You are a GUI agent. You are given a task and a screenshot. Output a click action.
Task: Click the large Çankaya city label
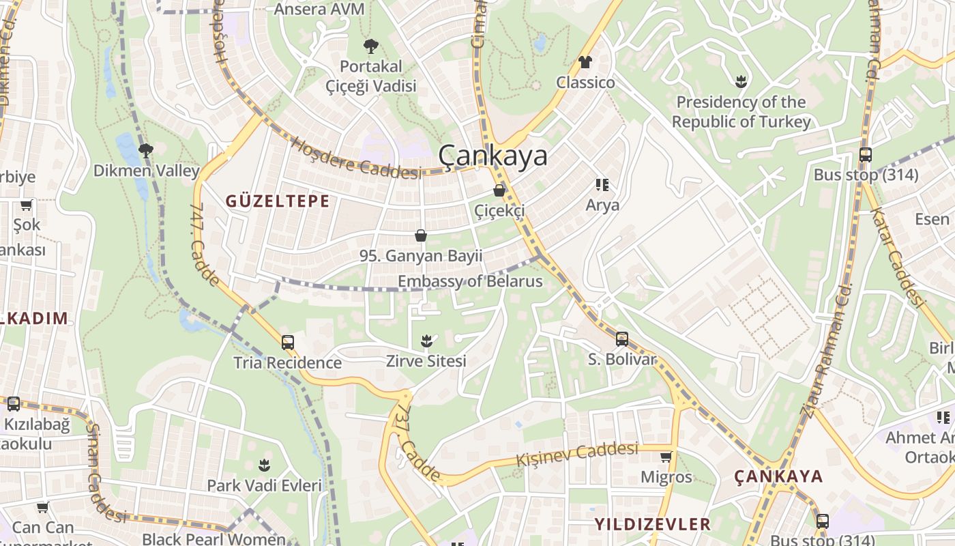[493, 156]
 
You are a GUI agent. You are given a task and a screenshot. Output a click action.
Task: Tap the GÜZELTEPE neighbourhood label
[278, 201]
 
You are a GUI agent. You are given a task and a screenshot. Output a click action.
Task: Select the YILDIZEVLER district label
[652, 524]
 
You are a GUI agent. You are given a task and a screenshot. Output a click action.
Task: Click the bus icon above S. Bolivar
[621, 339]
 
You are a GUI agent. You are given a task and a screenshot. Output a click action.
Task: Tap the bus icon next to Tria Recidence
[288, 342]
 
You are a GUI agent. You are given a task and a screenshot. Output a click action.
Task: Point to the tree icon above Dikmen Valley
[145, 150]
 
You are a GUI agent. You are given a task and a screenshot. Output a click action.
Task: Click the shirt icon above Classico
[585, 62]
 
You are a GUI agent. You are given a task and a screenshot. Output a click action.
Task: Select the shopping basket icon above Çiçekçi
[499, 190]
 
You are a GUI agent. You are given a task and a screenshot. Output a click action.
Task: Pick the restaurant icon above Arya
[602, 184]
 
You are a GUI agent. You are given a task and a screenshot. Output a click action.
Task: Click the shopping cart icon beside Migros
[666, 457]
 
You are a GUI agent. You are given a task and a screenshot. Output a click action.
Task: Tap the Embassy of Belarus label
[470, 281]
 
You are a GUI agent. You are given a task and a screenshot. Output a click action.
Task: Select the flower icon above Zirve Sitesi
[426, 340]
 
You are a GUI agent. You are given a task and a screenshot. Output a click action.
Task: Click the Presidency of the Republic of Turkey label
[741, 112]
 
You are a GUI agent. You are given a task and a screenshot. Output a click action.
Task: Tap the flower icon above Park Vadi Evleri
[264, 465]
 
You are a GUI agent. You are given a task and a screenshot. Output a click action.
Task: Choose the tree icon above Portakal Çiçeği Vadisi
[371, 46]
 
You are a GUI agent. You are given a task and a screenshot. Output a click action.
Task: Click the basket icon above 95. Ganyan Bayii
[421, 235]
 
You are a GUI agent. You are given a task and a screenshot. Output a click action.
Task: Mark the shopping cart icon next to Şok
[27, 205]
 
